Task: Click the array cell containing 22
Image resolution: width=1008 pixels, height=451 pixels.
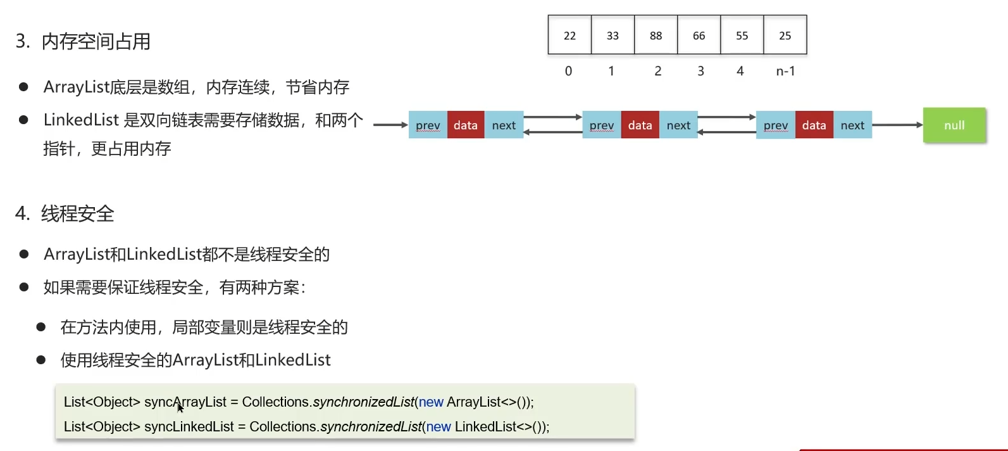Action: (569, 35)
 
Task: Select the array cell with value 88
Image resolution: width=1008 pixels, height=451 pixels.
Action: (656, 35)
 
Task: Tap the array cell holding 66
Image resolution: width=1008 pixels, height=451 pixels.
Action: (699, 35)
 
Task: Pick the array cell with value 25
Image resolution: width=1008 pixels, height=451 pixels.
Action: (785, 35)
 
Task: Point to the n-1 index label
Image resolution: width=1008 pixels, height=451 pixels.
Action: (785, 72)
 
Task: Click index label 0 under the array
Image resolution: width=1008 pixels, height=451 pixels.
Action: (568, 72)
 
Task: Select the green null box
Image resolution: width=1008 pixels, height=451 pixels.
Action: (954, 125)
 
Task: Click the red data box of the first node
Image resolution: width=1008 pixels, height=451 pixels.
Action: (466, 125)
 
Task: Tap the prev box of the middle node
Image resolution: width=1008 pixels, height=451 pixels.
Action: (601, 125)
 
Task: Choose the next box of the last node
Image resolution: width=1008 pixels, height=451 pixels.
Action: (852, 125)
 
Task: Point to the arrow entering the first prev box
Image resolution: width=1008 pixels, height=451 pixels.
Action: (390, 125)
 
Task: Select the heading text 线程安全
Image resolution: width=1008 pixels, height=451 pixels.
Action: (78, 214)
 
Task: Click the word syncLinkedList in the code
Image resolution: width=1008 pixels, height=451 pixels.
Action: (189, 427)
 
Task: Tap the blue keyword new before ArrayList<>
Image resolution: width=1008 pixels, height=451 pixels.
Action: (431, 402)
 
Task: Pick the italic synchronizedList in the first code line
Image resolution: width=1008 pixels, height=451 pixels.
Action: (363, 402)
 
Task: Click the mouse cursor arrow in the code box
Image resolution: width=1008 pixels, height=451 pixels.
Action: (180, 407)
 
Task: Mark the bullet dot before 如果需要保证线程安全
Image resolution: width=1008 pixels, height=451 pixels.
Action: (24, 287)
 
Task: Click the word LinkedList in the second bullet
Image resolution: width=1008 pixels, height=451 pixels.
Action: (81, 120)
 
